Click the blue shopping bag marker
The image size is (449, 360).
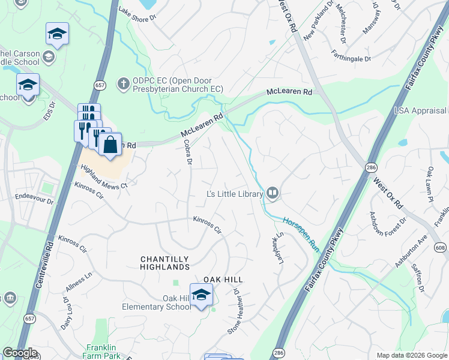110,145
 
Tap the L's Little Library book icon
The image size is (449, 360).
273,193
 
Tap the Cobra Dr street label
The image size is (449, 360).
188,152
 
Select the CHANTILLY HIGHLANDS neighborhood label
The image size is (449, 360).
164,263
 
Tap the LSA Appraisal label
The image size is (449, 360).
420,110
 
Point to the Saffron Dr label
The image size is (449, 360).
418,280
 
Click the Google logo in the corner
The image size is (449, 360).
20,353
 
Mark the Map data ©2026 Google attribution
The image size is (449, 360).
411,355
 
